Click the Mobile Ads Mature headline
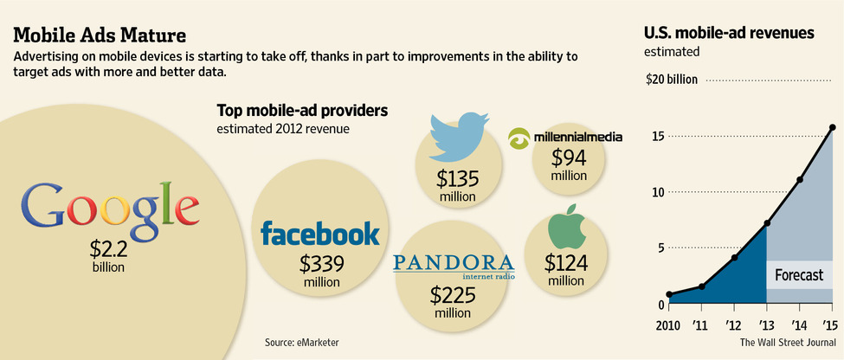tap(99, 35)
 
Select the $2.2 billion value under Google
tap(108, 250)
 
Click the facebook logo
tap(320, 234)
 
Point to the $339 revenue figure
tap(321, 264)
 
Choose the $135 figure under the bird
tap(458, 180)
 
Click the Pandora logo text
tap(454, 263)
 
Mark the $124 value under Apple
tap(566, 260)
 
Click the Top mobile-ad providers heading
tap(302, 111)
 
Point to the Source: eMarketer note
tap(302, 344)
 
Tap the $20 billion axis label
tap(672, 80)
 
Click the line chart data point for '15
tap(833, 127)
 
